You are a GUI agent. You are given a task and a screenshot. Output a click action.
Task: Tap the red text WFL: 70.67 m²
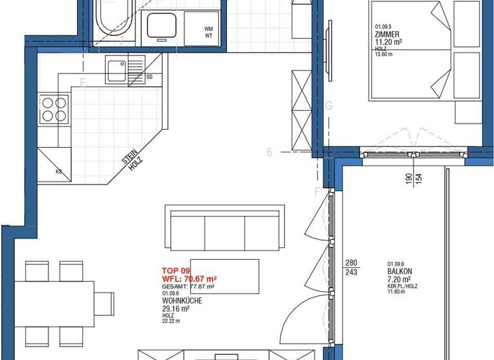189,279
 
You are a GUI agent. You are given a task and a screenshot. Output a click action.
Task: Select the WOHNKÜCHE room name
182,300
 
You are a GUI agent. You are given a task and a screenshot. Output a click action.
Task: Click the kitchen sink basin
116,67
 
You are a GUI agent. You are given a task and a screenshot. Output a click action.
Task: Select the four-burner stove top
55,109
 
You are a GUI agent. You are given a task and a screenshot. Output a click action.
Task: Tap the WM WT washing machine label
208,32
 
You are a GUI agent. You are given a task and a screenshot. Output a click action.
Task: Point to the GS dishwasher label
149,76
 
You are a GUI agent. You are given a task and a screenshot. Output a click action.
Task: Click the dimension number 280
351,262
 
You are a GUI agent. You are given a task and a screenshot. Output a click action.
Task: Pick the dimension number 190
408,178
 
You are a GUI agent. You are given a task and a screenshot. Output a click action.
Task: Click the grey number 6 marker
270,152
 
